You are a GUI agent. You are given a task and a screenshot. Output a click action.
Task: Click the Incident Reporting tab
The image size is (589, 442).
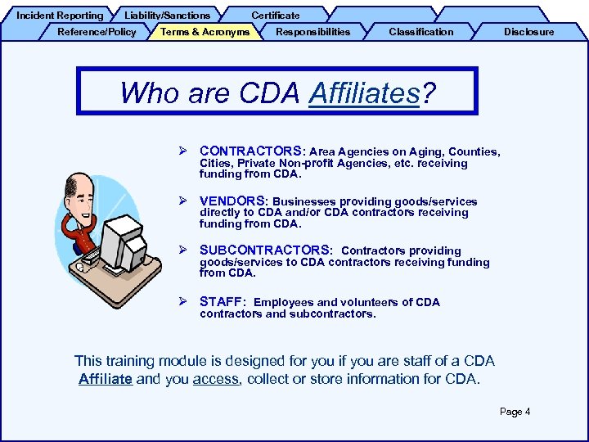coord(60,15)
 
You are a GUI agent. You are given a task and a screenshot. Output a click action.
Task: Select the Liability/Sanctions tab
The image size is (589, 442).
coord(167,15)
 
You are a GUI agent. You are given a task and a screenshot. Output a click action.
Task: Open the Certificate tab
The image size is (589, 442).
coord(275,15)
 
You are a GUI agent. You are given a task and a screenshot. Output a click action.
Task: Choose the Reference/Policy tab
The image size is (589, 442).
coord(97,32)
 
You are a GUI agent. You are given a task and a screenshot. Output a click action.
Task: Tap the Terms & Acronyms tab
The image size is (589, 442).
coord(205,32)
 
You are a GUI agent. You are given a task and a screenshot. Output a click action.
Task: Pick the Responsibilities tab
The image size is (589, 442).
coord(312,32)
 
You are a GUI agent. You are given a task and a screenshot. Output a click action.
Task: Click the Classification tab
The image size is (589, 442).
coord(420,32)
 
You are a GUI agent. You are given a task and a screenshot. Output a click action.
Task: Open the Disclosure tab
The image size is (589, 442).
coord(528,32)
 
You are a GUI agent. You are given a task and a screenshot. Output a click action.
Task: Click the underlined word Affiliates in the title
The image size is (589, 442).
coord(364,92)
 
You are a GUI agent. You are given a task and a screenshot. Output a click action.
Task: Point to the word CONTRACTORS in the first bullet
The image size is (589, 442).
coord(250,151)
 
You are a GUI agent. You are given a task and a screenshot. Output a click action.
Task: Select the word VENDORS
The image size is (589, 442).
coord(232,201)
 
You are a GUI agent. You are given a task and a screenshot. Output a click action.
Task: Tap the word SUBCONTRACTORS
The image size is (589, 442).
coord(265,250)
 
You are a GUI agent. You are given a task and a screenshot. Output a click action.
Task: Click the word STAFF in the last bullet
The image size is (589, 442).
coord(222,301)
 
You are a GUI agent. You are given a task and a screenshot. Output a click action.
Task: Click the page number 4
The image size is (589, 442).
coord(527,412)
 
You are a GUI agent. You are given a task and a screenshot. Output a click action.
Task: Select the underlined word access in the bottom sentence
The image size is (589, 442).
coord(216,379)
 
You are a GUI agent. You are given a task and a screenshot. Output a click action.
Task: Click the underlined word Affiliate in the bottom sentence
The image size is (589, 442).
coord(106,379)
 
